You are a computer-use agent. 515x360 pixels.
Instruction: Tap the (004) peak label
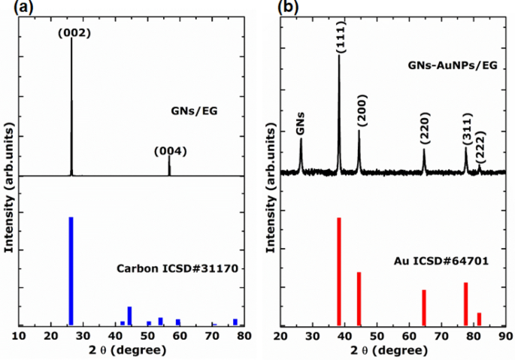[x=170, y=151]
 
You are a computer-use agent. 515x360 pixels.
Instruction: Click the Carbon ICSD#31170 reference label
[x=177, y=268]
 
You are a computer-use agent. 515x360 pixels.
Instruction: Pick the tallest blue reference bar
[x=71, y=271]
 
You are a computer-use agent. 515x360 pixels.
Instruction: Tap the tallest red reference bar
[x=339, y=271]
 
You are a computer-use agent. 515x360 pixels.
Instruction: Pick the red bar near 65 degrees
[x=424, y=307]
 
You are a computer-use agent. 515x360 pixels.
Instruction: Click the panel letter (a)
[x=13, y=7]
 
